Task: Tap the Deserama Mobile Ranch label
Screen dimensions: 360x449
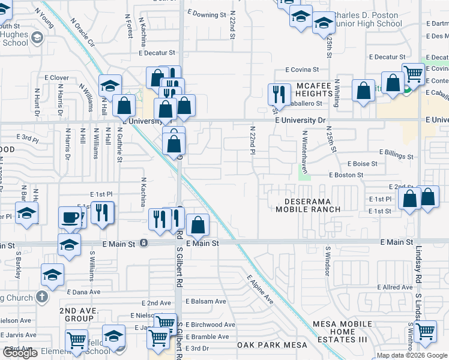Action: tap(308, 205)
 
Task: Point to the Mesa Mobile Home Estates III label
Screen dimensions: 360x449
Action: tap(342, 332)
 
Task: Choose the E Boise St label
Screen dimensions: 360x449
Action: tap(362, 163)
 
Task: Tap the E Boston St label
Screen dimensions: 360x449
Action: tap(346, 175)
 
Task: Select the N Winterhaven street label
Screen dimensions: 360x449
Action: tap(305, 152)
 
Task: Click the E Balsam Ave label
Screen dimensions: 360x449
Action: tap(206, 301)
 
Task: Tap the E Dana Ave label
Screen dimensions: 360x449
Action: tap(86, 292)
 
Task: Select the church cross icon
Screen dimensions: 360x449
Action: tap(41, 296)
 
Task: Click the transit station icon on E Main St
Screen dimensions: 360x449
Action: tap(144, 243)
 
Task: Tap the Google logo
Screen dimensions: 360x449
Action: tap(20, 353)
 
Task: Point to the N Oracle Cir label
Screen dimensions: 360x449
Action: tap(83, 32)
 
